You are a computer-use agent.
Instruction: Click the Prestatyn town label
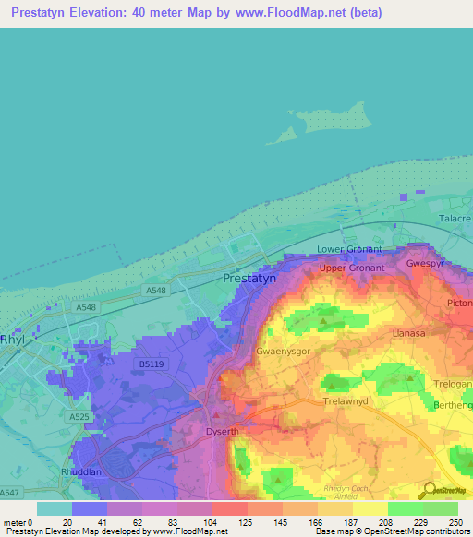tap(249, 278)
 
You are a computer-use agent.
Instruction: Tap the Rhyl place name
tap(14, 339)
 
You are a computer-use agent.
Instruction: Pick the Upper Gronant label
tap(350, 268)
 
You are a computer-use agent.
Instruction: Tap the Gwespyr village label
tap(428, 263)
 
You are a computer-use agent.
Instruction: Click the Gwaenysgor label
tap(285, 352)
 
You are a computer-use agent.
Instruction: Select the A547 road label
tap(8, 495)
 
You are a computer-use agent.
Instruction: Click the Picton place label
tap(459, 303)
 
